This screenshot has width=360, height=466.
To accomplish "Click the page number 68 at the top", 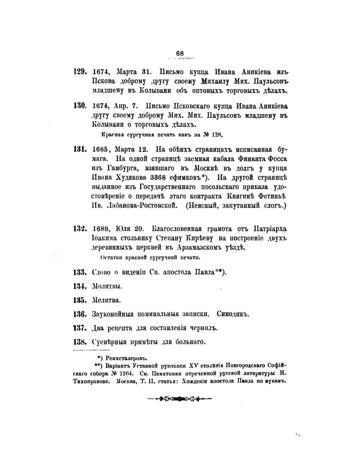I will (180, 54).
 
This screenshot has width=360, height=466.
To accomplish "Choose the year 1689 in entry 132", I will (101, 229).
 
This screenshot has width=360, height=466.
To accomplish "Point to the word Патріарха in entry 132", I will (270, 228).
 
